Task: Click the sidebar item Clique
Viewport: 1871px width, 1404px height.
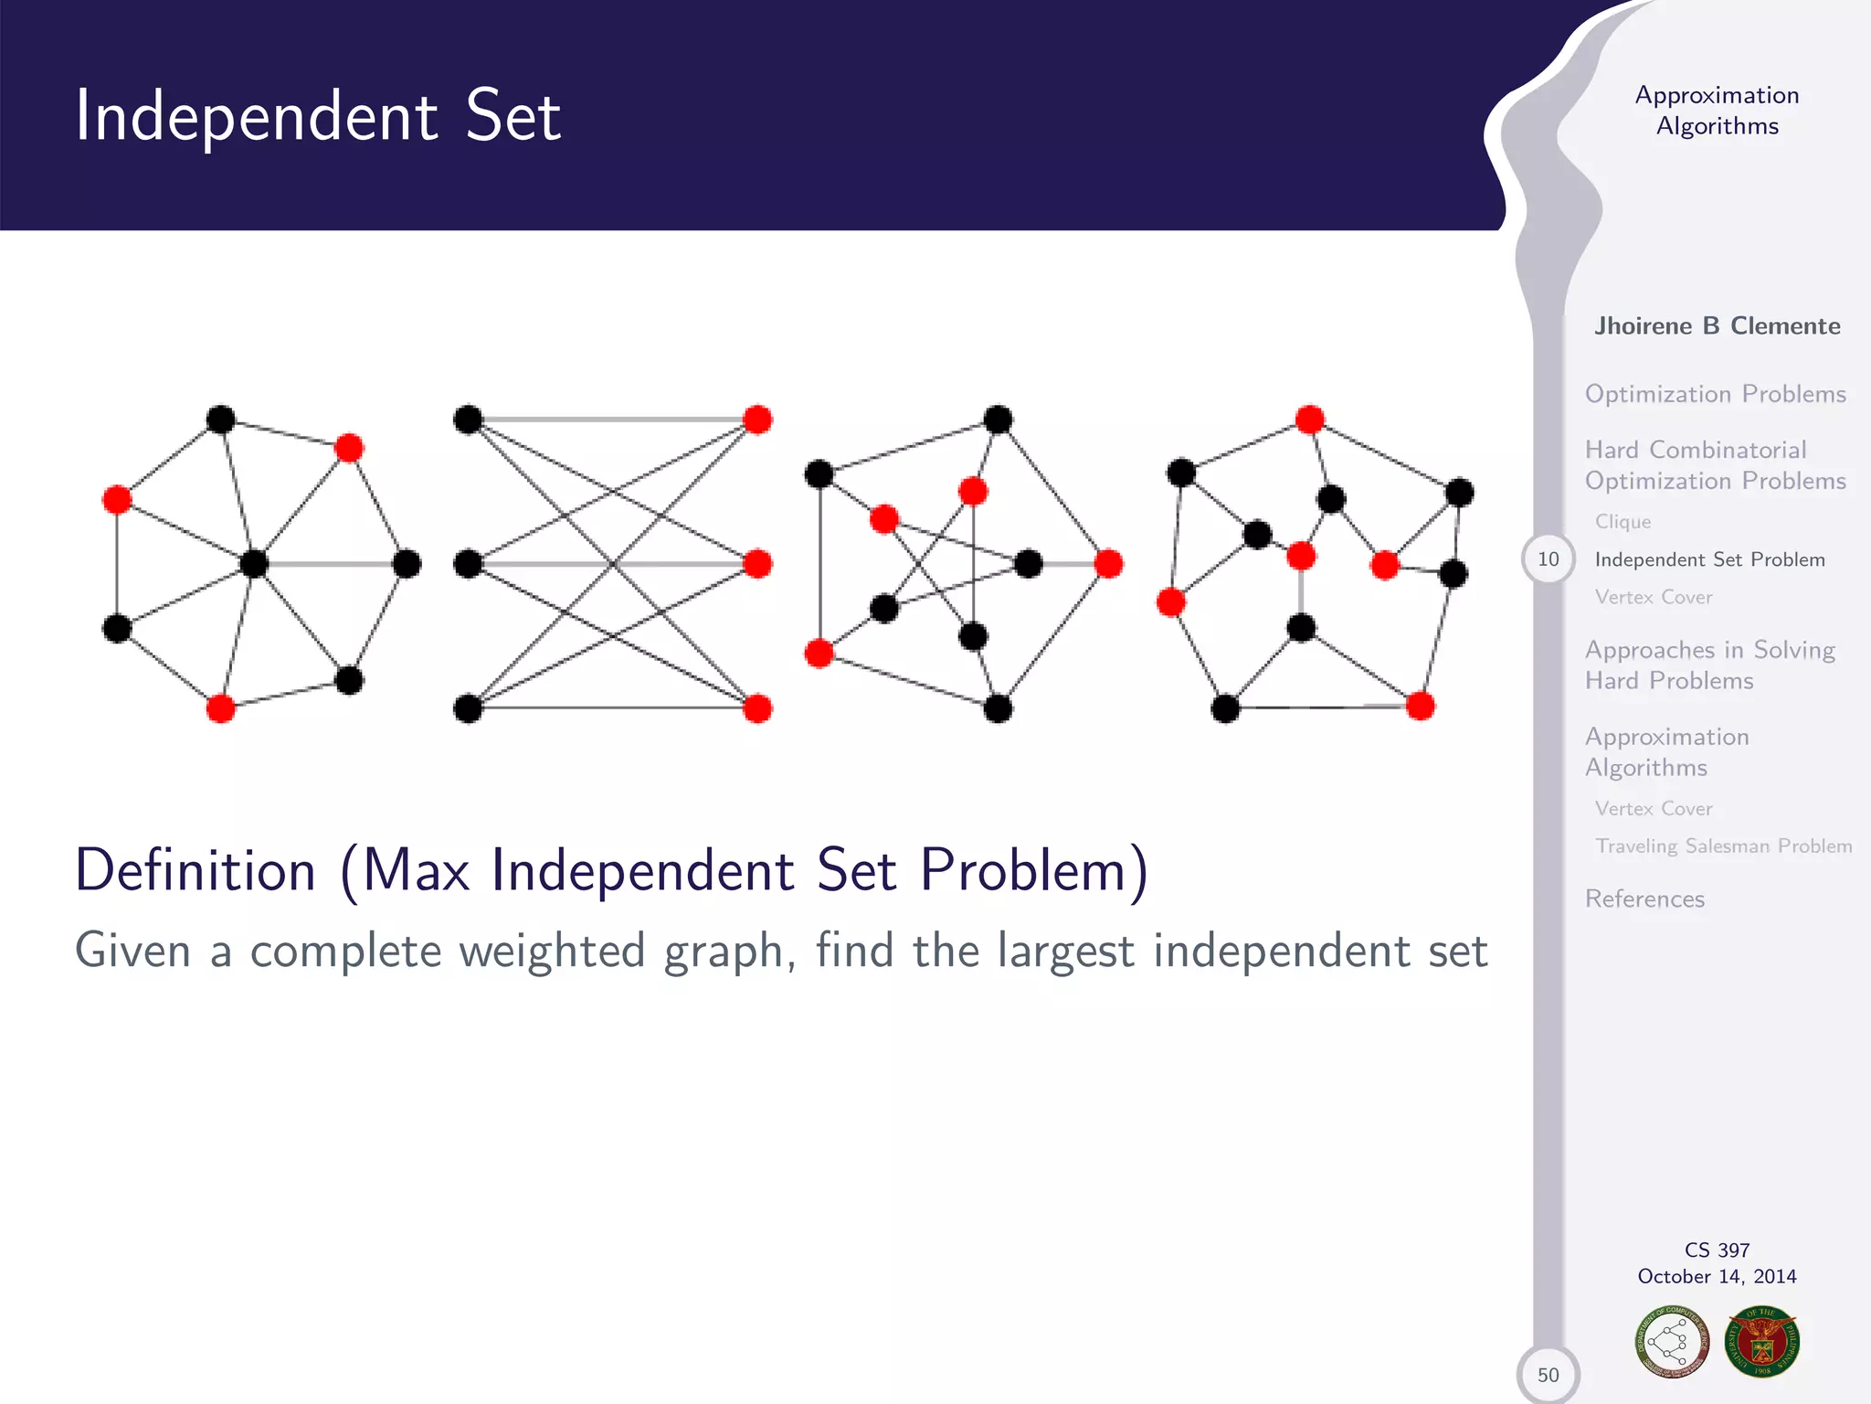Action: [1623, 522]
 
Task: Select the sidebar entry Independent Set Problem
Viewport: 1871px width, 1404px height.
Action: [1709, 559]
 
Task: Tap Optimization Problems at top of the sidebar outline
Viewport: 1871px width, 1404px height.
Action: [1715, 394]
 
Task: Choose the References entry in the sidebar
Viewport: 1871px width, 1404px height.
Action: [1644, 899]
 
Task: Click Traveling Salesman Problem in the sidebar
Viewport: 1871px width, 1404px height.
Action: [1723, 846]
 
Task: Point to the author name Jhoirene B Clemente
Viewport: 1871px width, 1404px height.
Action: [1717, 326]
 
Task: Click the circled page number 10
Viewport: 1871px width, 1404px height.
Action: [1548, 559]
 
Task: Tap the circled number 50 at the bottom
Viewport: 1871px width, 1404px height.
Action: [1548, 1374]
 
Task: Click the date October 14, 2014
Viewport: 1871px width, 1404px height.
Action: [1717, 1276]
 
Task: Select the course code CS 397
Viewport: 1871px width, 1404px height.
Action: [1717, 1250]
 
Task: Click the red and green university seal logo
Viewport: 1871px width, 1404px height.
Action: [1762, 1341]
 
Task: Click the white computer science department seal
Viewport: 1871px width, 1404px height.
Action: [1672, 1341]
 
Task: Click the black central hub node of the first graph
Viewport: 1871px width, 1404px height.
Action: [254, 563]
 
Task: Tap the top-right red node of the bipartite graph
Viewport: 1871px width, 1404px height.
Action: [757, 420]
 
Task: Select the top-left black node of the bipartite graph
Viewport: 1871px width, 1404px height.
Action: [468, 420]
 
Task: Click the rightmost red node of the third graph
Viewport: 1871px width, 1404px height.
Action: [1108, 564]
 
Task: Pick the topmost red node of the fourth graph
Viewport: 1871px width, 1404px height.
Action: [1310, 420]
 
